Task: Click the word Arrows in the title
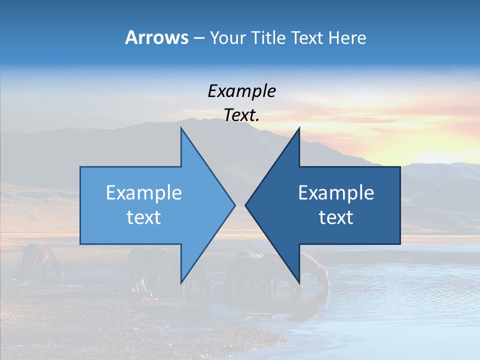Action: click(156, 37)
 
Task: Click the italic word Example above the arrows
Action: click(242, 91)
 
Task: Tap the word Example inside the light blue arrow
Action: click(144, 193)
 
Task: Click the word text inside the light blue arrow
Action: click(144, 217)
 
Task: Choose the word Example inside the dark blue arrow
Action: click(336, 193)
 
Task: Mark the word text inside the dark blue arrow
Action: click(336, 217)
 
